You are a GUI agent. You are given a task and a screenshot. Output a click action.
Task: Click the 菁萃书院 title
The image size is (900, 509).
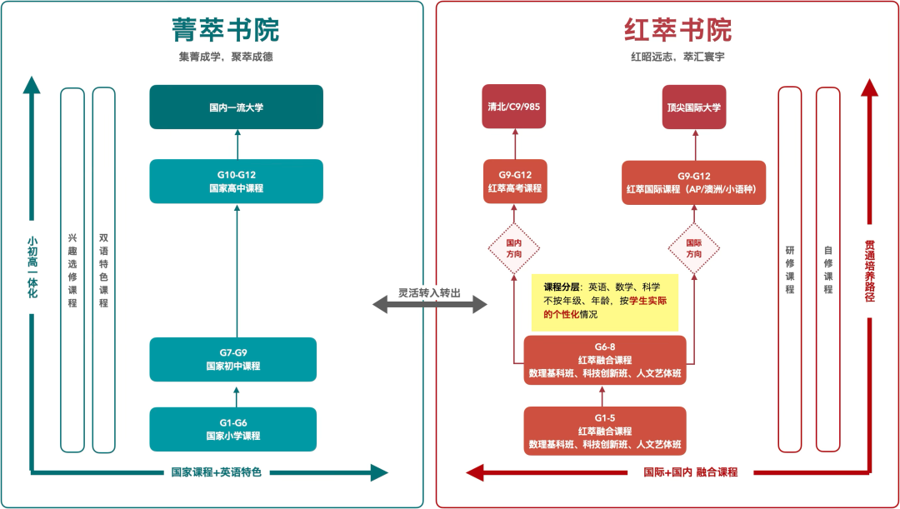pos(225,30)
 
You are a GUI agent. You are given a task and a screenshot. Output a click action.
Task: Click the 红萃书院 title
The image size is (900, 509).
pos(677,30)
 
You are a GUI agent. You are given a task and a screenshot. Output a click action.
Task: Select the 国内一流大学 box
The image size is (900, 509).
pos(236,107)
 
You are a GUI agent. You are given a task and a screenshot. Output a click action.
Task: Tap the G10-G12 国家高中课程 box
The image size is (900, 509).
pos(236,182)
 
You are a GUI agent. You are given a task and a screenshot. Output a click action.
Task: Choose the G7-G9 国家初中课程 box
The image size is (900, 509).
pos(233,359)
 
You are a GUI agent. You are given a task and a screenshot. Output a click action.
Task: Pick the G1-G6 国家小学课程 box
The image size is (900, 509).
pos(233,429)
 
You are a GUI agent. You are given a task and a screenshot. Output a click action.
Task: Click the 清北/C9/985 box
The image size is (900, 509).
pos(514,107)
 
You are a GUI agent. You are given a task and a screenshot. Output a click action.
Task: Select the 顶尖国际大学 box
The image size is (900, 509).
pos(693,107)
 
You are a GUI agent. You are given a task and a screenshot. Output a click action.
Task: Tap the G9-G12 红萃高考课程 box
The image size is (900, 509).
pos(515,182)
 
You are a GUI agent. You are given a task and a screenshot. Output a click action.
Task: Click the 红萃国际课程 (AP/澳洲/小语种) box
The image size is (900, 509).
pos(694,182)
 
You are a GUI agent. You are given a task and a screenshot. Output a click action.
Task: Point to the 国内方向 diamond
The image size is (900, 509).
pos(514,247)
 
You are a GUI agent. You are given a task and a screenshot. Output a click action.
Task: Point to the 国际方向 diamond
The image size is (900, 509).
pos(694,247)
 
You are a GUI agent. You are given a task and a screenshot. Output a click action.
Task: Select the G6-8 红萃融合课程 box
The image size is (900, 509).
pos(605,361)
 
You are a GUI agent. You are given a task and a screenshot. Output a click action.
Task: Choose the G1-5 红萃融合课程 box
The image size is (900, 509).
pos(605,431)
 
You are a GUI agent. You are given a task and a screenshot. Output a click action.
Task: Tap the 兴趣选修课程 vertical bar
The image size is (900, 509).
pos(72,268)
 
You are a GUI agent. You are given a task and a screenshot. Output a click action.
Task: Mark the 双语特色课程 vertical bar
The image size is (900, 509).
pos(103,268)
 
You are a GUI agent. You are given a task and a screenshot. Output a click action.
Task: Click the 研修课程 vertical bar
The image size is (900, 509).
pos(790,268)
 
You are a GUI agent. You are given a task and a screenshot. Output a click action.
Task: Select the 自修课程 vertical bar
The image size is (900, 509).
pos(828,268)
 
